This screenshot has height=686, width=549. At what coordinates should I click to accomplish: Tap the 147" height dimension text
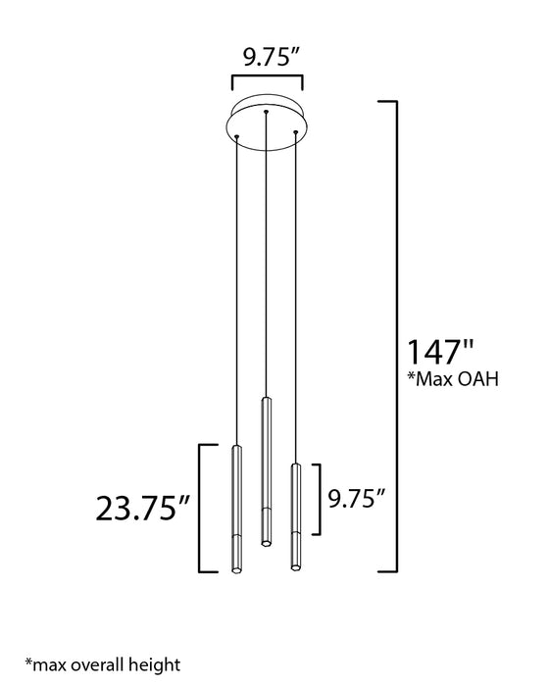(x=440, y=352)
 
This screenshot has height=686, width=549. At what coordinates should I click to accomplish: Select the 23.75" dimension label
(x=143, y=508)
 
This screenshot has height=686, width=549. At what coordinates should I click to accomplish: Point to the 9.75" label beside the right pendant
(x=357, y=498)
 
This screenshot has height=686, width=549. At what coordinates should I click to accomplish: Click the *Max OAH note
(x=453, y=379)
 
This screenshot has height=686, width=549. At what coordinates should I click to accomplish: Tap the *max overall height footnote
(x=102, y=664)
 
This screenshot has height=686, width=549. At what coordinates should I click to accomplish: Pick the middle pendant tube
(x=266, y=471)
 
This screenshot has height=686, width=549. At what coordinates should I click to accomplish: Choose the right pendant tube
(x=296, y=516)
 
